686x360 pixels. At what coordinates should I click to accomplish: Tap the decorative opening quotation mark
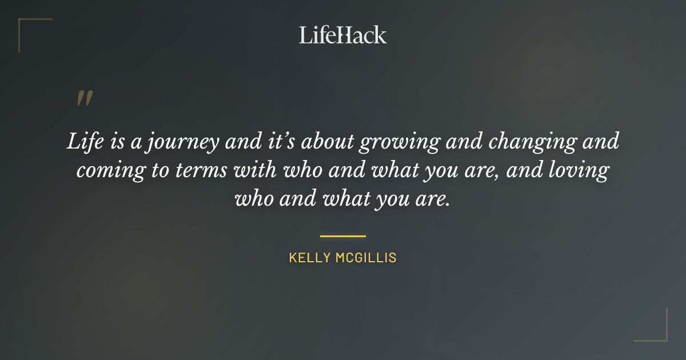[x=85, y=98]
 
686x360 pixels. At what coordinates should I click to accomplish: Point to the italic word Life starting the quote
[x=85, y=142]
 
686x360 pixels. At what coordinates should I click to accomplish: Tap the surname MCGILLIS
[x=366, y=258]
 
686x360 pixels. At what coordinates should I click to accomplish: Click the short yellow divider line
[x=343, y=235]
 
